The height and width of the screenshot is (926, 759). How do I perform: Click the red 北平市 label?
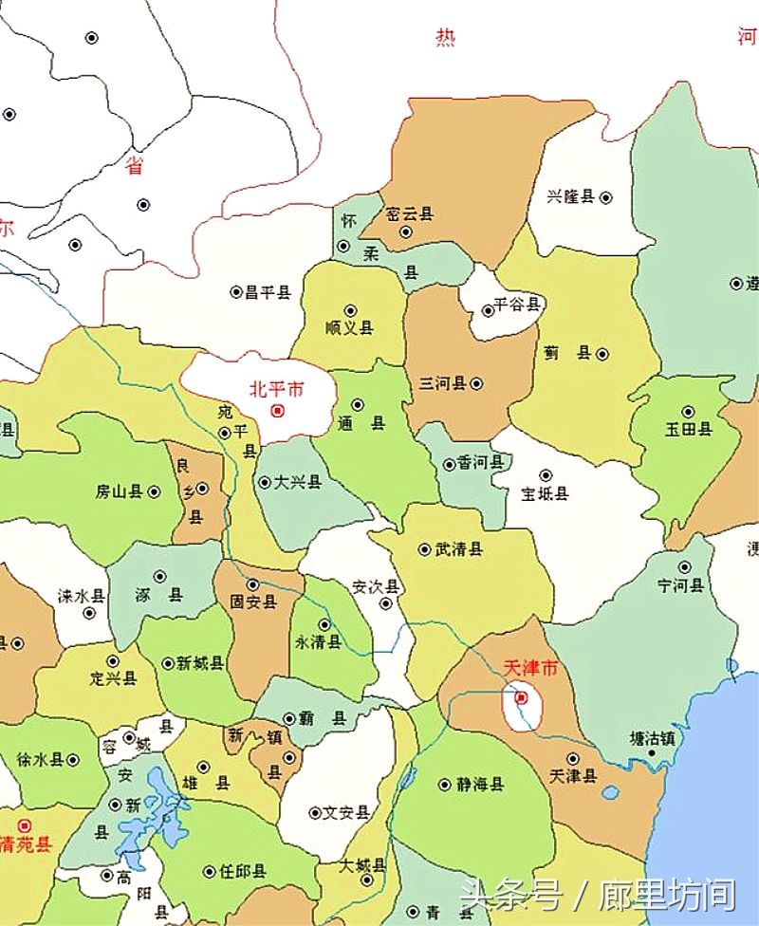pos(277,389)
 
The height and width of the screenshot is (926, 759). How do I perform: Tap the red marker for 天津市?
pos(521,698)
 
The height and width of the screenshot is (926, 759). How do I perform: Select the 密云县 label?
pos(410,214)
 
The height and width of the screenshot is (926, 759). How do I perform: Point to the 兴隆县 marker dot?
pos(606,197)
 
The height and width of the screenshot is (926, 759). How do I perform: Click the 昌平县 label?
pos(268,292)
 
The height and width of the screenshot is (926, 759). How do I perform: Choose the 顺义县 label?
pos(349,328)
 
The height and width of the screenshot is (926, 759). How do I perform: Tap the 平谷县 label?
pos(517,305)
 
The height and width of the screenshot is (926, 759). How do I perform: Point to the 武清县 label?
pos(458,549)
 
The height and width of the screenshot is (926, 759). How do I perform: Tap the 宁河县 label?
pos(681,585)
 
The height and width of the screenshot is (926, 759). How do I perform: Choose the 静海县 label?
pos(480,785)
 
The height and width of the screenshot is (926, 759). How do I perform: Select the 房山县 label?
pos(119,491)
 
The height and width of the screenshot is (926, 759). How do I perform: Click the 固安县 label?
pos(253,602)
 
